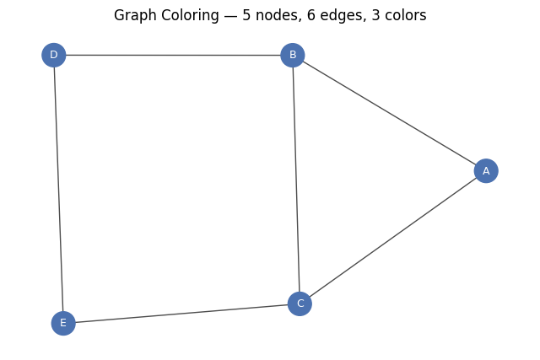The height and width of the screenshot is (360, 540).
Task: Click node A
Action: [486, 170]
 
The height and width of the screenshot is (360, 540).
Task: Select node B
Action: [293, 55]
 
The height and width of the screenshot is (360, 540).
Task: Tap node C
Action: [300, 304]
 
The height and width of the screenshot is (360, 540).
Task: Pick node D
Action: [54, 55]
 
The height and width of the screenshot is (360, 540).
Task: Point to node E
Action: [63, 323]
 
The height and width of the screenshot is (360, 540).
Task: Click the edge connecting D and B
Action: [173, 55]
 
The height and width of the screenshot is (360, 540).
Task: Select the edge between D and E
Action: [58, 189]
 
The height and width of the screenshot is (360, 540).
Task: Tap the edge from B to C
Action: [296, 180]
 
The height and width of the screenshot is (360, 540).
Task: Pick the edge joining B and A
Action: [389, 113]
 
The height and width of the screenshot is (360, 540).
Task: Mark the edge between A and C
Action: [393, 237]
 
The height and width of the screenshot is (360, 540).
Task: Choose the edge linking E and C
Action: [181, 314]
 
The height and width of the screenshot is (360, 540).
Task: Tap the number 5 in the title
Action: [246, 15]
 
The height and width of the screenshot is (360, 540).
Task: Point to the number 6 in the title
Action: [311, 15]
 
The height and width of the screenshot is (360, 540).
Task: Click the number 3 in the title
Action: [375, 15]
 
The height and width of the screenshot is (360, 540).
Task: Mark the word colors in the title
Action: [405, 15]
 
